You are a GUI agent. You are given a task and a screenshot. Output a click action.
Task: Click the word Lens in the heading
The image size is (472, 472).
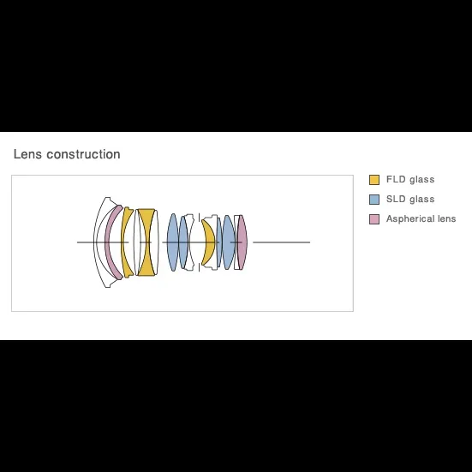tap(27, 154)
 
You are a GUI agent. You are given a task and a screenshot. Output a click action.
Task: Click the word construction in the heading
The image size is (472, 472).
tap(83, 154)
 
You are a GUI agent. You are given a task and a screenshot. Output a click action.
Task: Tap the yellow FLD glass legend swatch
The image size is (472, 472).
tap(374, 180)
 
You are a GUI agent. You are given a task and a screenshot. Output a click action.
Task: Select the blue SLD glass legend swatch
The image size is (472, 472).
tap(374, 200)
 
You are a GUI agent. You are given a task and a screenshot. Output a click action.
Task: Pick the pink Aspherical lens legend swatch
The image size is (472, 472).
tap(374, 219)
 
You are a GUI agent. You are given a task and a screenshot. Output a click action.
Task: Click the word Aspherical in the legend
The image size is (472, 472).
tap(410, 218)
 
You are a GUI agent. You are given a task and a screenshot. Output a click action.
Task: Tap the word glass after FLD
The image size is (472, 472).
tap(422, 180)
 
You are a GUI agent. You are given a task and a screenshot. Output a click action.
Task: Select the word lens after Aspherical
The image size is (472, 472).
tap(446, 218)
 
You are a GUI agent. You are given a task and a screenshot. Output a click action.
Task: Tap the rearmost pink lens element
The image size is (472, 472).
tap(242, 242)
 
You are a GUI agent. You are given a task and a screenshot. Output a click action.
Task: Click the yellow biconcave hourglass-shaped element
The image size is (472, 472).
tap(146, 242)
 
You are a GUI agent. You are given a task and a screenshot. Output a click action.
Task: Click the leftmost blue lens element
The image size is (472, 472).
tap(173, 242)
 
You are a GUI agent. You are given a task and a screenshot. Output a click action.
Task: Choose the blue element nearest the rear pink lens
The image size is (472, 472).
tap(229, 242)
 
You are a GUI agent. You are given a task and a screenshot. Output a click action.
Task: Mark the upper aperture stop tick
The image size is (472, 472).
tap(199, 217)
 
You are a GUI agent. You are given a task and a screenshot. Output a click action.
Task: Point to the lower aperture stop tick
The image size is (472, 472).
tap(199, 267)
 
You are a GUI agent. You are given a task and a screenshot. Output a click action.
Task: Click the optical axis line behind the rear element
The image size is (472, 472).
tap(282, 242)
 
